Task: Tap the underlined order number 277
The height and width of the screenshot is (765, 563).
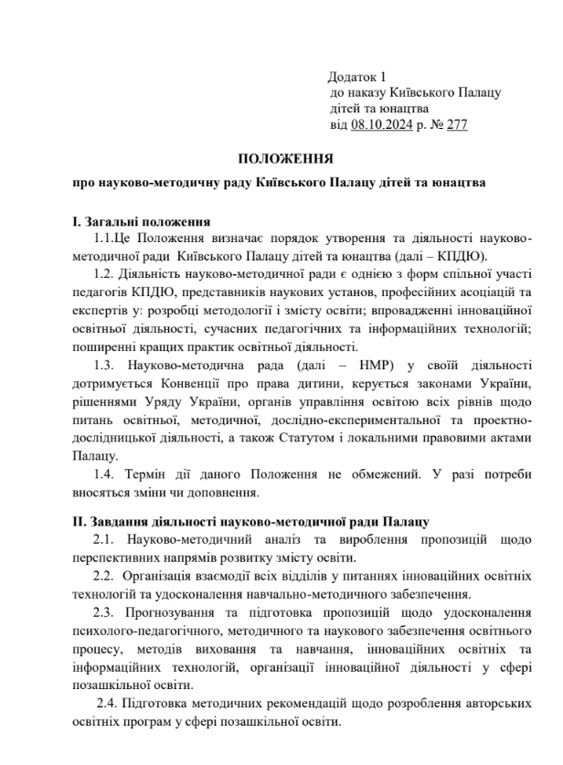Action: [x=456, y=125]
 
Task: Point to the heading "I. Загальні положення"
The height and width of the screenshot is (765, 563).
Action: [x=142, y=222]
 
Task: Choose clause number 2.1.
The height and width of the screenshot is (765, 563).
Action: [x=105, y=539]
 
